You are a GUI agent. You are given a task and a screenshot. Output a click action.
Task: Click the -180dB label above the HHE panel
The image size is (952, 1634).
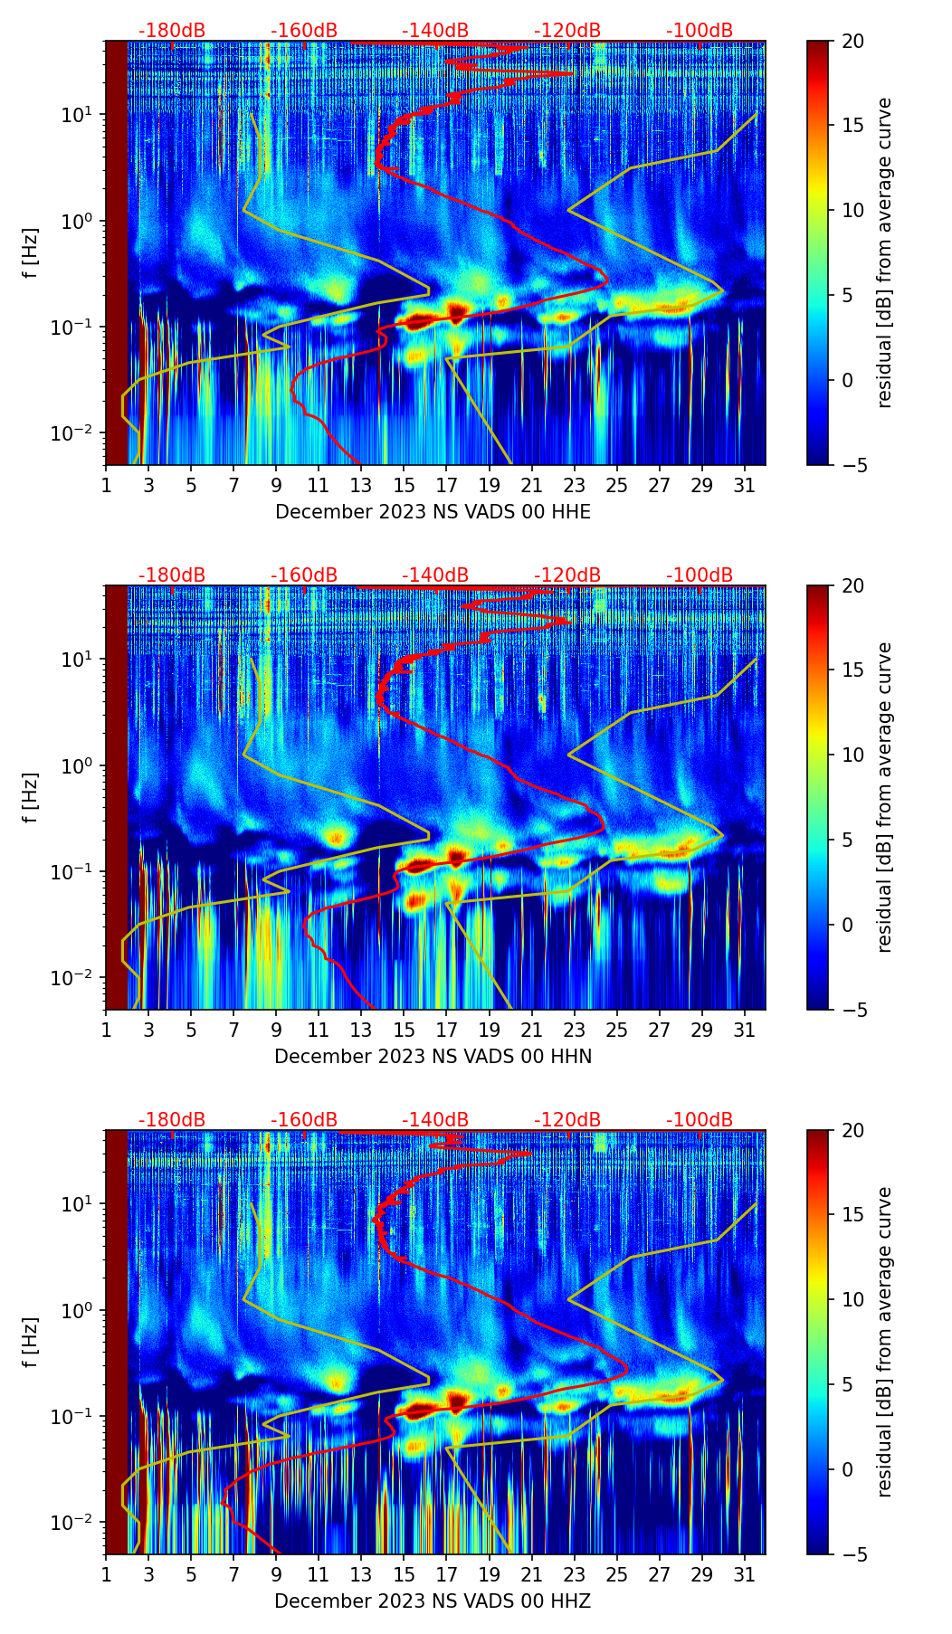172,31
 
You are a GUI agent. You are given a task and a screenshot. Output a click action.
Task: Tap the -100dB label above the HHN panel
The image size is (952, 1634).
700,575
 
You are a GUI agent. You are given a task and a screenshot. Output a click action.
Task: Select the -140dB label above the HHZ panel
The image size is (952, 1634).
435,1120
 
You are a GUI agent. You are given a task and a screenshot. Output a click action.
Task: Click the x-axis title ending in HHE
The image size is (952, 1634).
433,512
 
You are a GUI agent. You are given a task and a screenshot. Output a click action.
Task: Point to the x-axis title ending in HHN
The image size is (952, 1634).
433,1057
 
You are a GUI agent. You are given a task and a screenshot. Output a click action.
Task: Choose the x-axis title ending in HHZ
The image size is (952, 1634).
433,1601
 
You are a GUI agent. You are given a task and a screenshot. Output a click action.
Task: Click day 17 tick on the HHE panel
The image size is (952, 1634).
446,484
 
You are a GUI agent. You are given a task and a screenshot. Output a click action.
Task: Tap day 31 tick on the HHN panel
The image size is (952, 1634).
744,1029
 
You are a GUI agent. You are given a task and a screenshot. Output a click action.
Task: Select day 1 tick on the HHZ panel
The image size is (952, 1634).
106,1573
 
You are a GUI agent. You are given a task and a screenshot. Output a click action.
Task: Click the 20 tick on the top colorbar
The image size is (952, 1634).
853,41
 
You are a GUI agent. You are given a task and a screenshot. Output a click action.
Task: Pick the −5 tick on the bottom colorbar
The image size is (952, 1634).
853,1554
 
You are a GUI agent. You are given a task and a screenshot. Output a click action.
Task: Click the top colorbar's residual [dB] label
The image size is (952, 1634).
884,252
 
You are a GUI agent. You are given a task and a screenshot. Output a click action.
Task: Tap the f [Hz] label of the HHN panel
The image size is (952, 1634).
30,797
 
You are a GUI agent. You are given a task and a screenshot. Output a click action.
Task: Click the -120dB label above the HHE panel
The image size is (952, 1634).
567,31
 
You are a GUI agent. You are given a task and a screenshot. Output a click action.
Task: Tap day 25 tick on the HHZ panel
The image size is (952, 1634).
616,1573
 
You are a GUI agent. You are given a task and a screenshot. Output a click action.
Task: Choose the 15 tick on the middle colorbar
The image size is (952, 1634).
853,670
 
